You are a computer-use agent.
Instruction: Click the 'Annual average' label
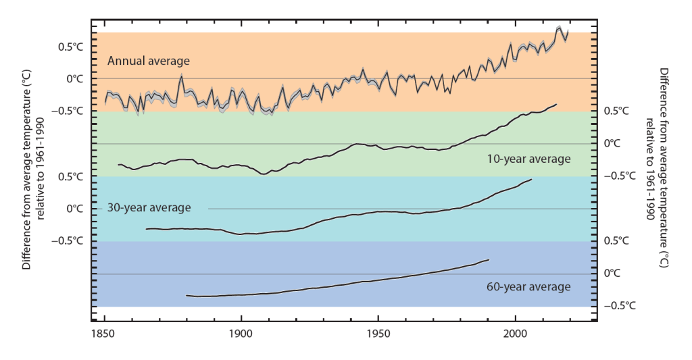149,61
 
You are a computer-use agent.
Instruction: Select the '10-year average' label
528,159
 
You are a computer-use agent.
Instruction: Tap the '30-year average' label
149,207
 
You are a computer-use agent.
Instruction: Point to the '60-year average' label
528,286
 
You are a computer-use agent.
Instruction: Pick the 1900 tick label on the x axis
241,334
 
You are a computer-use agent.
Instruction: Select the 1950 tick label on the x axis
378,334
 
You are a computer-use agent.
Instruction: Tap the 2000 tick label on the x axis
516,334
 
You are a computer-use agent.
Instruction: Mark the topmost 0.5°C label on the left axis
70,47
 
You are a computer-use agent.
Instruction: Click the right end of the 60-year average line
488,259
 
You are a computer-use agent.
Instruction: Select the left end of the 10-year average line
118,164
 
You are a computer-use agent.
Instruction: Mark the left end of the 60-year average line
186,295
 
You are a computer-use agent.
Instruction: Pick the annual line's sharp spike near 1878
181,76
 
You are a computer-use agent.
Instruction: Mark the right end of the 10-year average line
556,104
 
